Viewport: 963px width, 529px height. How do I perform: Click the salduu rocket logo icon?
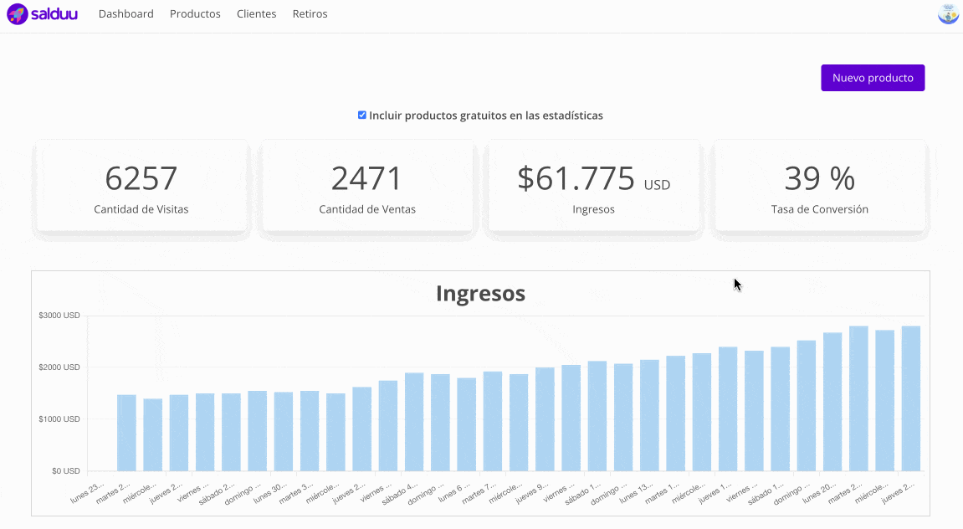click(x=18, y=14)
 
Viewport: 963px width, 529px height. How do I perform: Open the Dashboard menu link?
click(x=125, y=14)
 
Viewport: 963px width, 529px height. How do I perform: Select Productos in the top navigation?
click(x=195, y=14)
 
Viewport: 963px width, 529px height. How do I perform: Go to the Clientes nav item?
click(x=256, y=14)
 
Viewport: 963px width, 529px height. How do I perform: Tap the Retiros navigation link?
click(x=310, y=14)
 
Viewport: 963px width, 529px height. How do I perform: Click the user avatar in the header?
click(x=948, y=14)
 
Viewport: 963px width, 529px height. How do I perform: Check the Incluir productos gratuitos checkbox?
click(x=362, y=115)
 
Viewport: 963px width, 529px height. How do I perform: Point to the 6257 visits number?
click(x=141, y=178)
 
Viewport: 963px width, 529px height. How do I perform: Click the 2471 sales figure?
click(x=366, y=178)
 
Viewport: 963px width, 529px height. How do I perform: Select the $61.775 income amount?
click(x=576, y=178)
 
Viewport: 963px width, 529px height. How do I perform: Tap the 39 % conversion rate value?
click(x=819, y=178)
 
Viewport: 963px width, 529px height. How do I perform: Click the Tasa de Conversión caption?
click(x=819, y=209)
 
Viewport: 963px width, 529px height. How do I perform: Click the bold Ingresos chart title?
click(x=480, y=293)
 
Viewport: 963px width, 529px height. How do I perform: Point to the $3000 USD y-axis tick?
click(x=59, y=316)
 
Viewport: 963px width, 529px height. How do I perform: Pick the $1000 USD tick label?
click(x=59, y=419)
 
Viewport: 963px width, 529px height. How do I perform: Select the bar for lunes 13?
click(x=649, y=415)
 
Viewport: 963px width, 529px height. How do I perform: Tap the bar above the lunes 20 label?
click(x=832, y=402)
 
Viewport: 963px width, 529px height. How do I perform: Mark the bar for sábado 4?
click(x=414, y=422)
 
